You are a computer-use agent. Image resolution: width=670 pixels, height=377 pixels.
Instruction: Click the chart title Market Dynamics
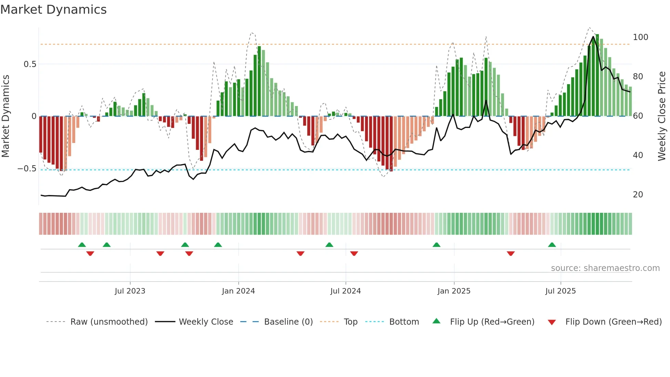point(53,10)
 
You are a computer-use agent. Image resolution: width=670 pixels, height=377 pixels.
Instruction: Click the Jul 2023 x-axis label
point(130,291)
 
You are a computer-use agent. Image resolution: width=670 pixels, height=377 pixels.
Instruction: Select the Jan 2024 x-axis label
point(238,291)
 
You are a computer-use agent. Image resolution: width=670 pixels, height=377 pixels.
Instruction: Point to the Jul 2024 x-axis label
point(345,291)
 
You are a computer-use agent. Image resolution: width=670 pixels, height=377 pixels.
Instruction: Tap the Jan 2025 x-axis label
point(454,291)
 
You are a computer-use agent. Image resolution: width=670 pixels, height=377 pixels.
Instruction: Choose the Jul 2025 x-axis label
point(561,291)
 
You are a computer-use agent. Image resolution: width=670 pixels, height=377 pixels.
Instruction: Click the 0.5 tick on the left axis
point(30,64)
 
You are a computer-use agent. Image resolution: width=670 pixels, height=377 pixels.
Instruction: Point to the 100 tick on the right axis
point(640,37)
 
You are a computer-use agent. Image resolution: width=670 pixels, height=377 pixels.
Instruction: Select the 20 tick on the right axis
point(638,195)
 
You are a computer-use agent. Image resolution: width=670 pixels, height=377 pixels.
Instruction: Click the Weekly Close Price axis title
point(662,116)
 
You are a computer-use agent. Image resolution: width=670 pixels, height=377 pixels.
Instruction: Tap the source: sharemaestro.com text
point(605,268)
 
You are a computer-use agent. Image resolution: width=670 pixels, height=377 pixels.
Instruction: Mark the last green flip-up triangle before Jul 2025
point(552,245)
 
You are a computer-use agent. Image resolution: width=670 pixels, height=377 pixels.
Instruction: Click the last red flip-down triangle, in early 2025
point(511,253)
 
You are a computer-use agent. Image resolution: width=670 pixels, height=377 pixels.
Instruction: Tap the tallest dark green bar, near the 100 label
point(597,75)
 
